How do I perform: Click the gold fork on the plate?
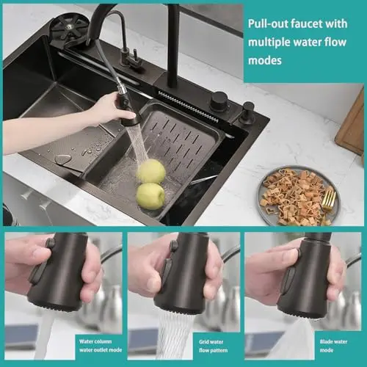click(329, 200)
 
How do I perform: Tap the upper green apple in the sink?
click(151, 171)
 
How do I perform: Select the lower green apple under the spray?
click(150, 196)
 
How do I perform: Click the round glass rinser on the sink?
click(68, 27)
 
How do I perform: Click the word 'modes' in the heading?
click(265, 60)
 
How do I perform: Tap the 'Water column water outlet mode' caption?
click(101, 346)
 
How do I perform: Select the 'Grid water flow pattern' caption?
click(213, 346)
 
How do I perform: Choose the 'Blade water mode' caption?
click(333, 346)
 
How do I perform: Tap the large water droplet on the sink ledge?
click(63, 159)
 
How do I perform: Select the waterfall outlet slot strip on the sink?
click(188, 106)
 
